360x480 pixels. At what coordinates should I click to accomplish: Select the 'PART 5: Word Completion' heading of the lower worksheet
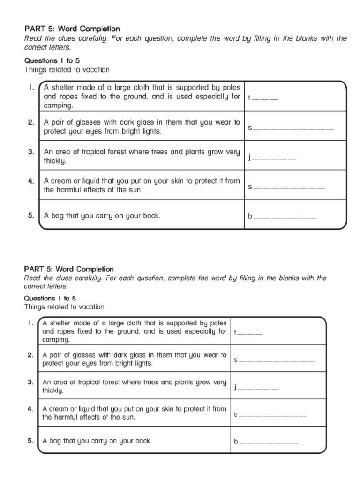[x=69, y=269]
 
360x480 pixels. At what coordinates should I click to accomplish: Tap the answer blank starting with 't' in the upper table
[x=263, y=99]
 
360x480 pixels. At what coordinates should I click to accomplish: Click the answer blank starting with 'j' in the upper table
[x=272, y=158]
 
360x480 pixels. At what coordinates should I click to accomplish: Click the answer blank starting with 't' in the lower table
[x=248, y=333]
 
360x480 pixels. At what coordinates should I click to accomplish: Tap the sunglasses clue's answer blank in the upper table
[x=291, y=128]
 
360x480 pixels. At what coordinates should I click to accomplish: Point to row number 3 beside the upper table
[x=30, y=152]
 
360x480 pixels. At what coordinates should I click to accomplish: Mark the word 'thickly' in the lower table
[x=53, y=390]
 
